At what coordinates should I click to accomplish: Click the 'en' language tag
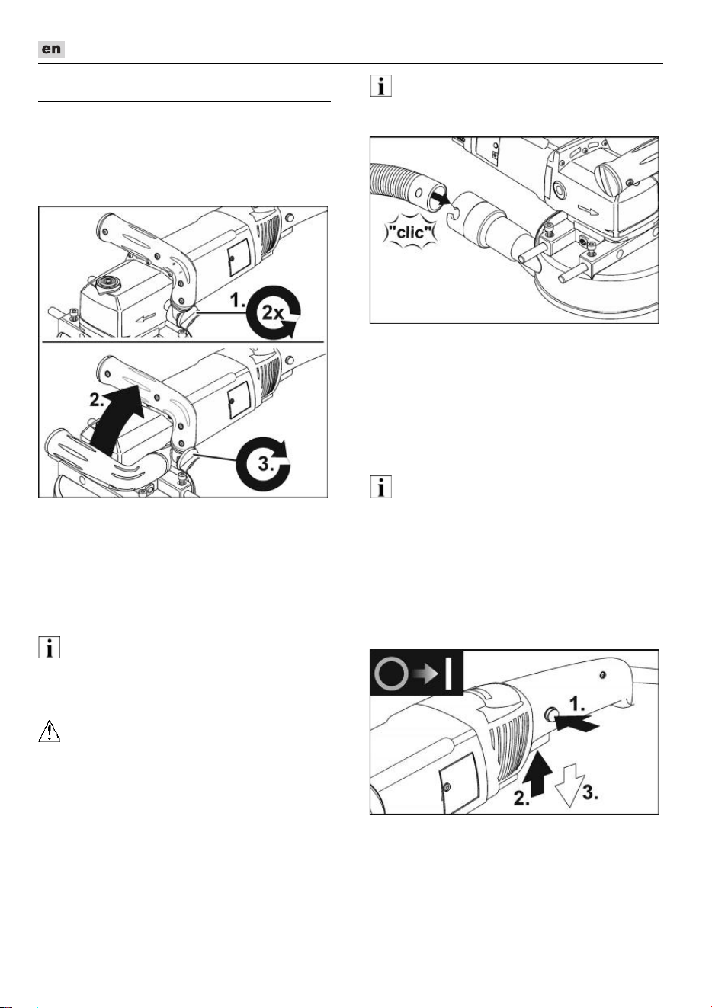tap(51, 49)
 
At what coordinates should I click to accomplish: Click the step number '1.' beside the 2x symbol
tap(237, 300)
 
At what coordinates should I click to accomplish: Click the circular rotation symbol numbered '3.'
tap(264, 465)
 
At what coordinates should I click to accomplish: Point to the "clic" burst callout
tap(409, 232)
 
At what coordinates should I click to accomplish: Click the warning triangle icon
tap(50, 731)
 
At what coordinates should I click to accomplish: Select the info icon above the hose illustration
tap(380, 86)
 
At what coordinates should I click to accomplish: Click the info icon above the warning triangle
tap(49, 648)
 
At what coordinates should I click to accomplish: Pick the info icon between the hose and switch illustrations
tap(380, 487)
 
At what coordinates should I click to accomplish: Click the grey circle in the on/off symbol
tap(392, 674)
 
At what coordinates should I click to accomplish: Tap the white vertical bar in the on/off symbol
tap(448, 674)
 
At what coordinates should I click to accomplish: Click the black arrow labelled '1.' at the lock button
tap(577, 724)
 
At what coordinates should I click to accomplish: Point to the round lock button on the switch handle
tap(550, 714)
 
